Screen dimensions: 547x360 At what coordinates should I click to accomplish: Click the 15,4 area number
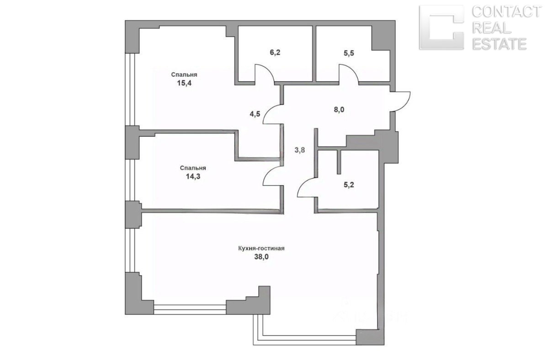184,83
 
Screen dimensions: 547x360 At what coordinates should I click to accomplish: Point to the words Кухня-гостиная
261,249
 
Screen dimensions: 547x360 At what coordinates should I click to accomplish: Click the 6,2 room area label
275,53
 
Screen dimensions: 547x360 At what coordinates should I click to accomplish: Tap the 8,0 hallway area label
339,110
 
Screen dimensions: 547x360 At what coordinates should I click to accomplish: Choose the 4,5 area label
255,114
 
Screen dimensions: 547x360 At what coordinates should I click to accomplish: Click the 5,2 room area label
349,185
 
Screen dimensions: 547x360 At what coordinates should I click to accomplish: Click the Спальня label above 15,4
184,74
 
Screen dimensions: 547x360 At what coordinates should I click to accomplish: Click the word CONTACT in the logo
505,11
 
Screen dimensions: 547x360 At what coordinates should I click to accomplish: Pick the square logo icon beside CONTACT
441,27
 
